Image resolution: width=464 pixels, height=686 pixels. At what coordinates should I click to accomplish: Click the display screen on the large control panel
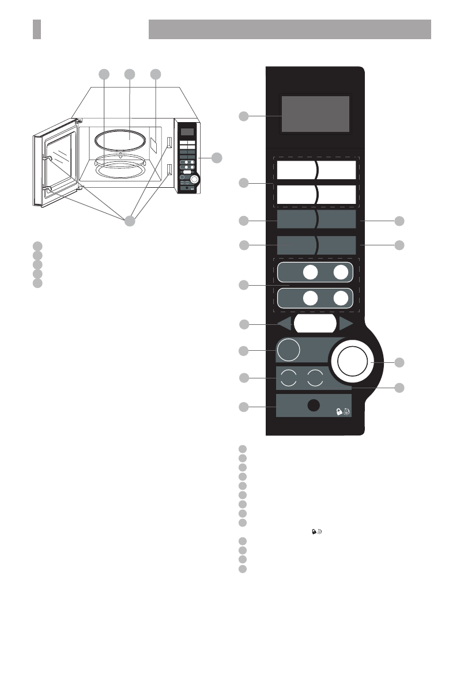click(315, 113)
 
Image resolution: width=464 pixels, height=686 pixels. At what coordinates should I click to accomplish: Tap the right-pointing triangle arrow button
click(346, 323)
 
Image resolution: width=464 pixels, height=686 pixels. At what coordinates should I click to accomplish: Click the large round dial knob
click(352, 361)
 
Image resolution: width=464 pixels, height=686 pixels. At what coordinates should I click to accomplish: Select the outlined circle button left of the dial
click(289, 350)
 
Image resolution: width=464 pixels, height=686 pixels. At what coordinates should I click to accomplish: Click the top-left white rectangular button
click(296, 170)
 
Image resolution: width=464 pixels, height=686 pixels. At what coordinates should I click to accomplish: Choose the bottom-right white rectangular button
click(337, 195)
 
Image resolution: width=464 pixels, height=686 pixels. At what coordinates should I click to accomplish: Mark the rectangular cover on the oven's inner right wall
click(154, 144)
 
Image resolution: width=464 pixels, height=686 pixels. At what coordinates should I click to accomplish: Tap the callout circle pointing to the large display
click(244, 117)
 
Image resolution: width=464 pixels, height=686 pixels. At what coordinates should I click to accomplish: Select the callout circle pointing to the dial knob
click(399, 362)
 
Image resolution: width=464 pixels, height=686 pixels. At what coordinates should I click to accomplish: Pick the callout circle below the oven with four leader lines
click(131, 221)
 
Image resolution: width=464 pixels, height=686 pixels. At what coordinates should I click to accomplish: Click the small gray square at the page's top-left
click(37, 29)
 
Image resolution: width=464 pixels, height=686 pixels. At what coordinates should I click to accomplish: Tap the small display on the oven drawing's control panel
click(186, 132)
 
